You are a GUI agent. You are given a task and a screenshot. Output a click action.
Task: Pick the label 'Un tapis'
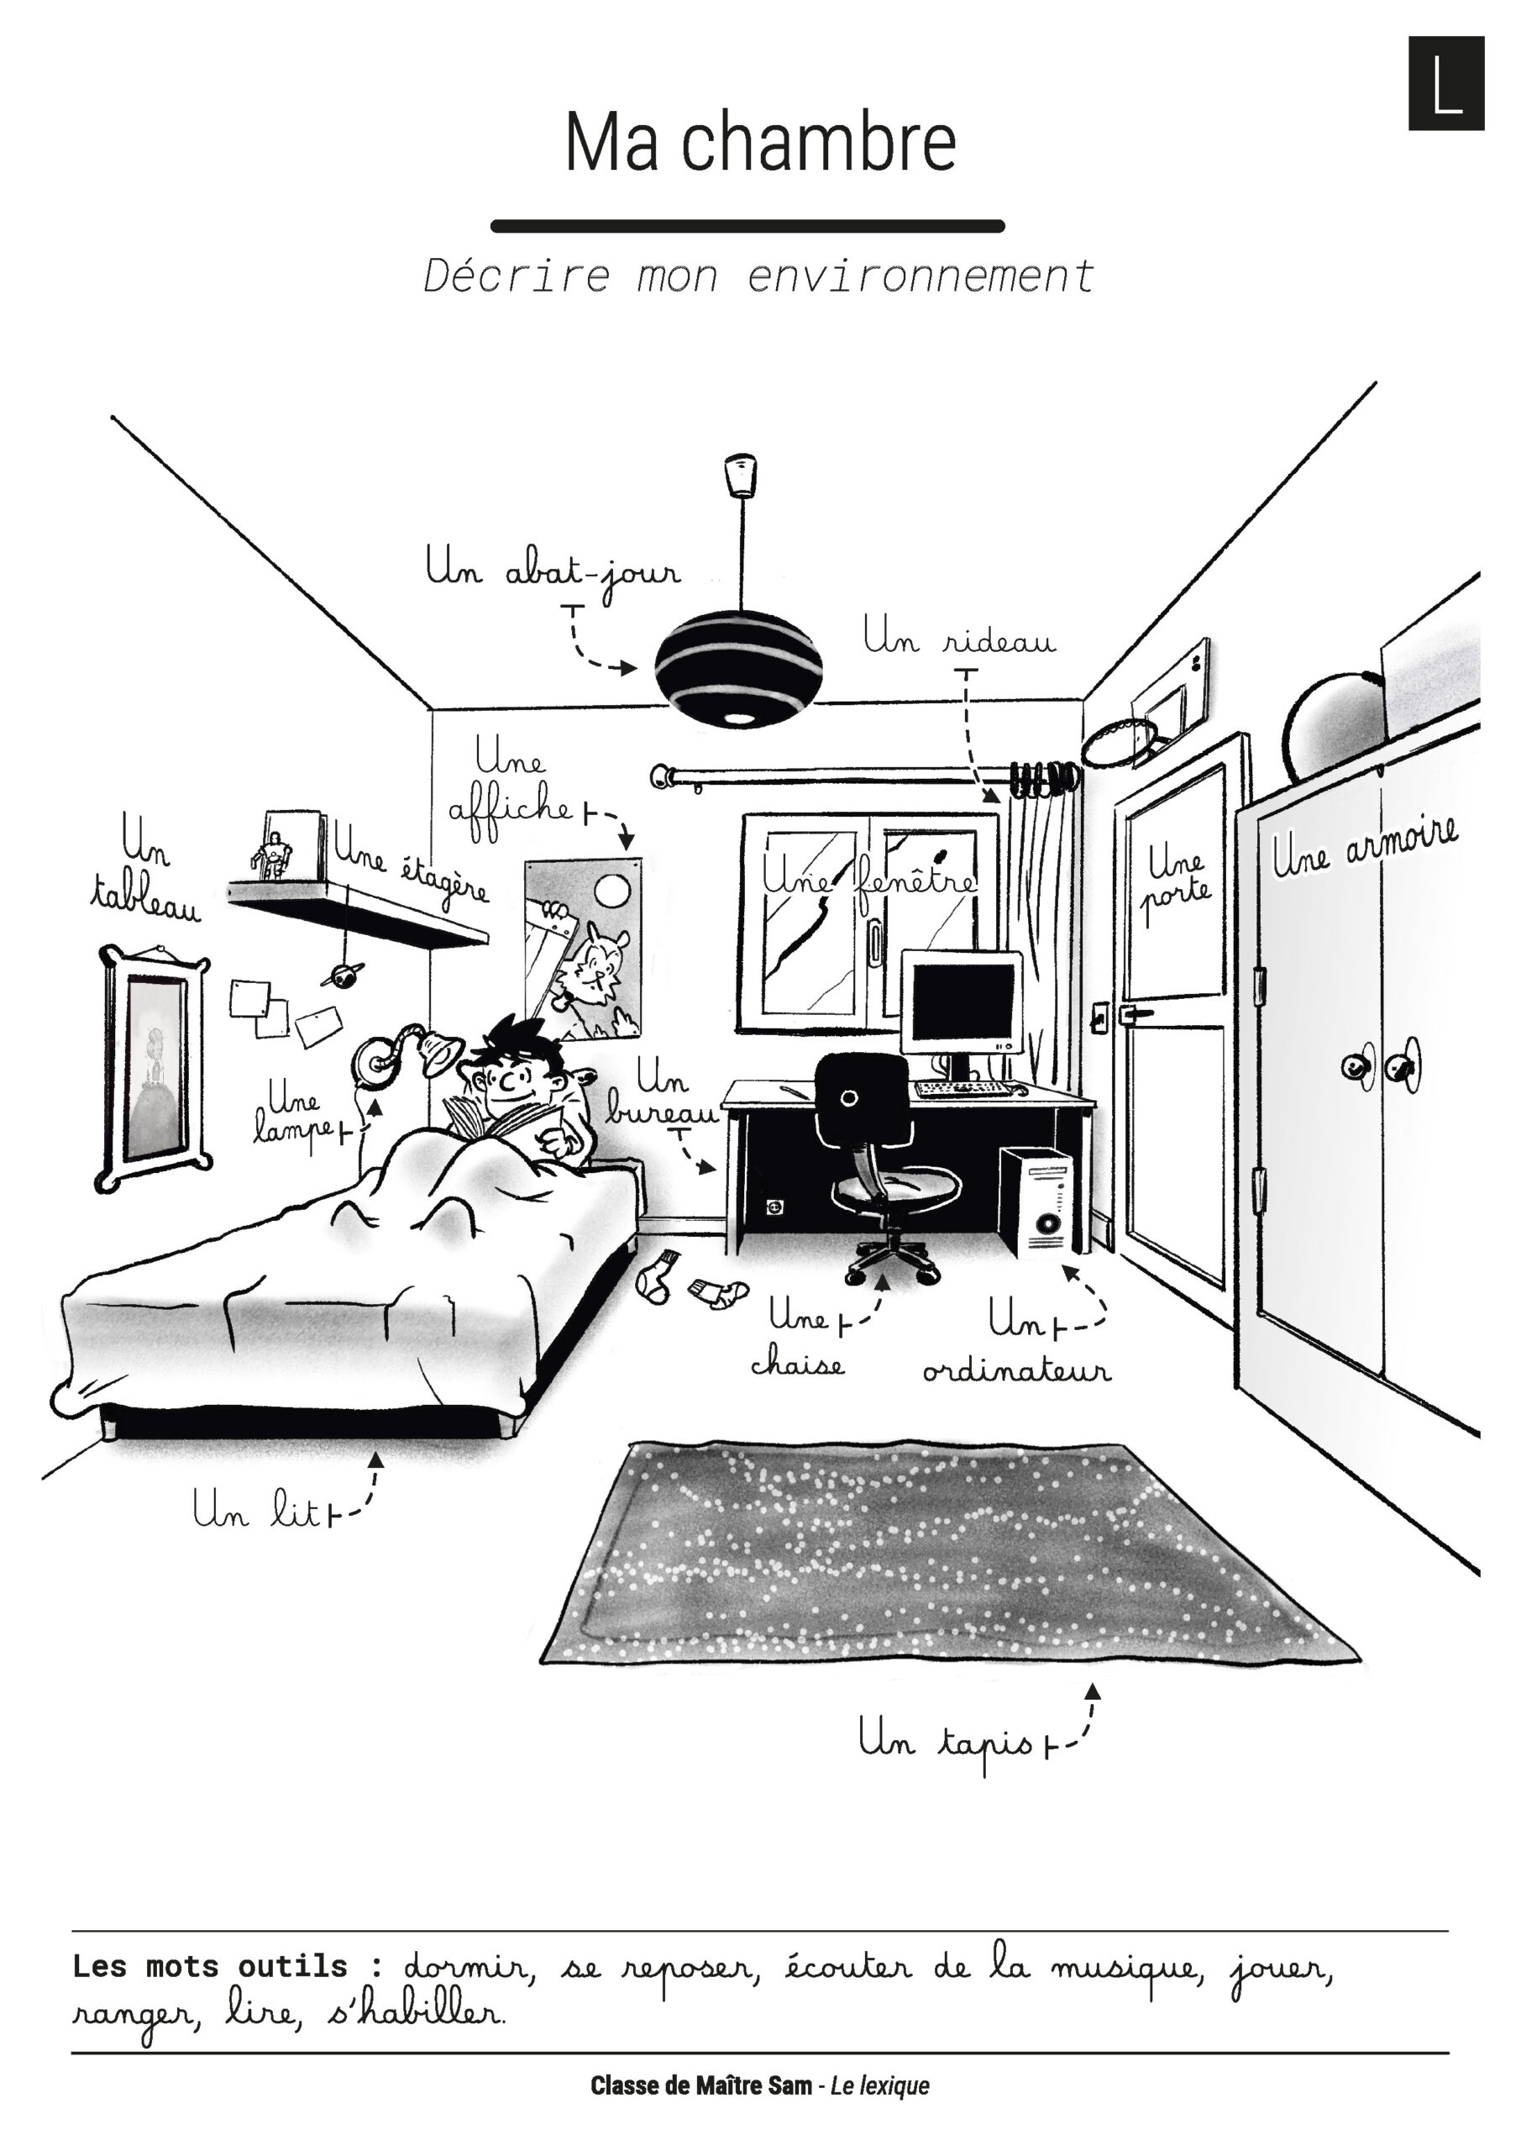946,1743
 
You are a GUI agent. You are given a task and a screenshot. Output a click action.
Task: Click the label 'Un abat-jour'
553,570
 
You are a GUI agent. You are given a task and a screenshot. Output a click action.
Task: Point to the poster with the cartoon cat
584,948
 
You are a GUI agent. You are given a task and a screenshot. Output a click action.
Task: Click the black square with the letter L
1446,83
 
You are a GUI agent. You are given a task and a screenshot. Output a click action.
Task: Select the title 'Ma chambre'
761,142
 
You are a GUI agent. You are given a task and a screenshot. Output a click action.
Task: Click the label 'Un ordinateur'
1017,1345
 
